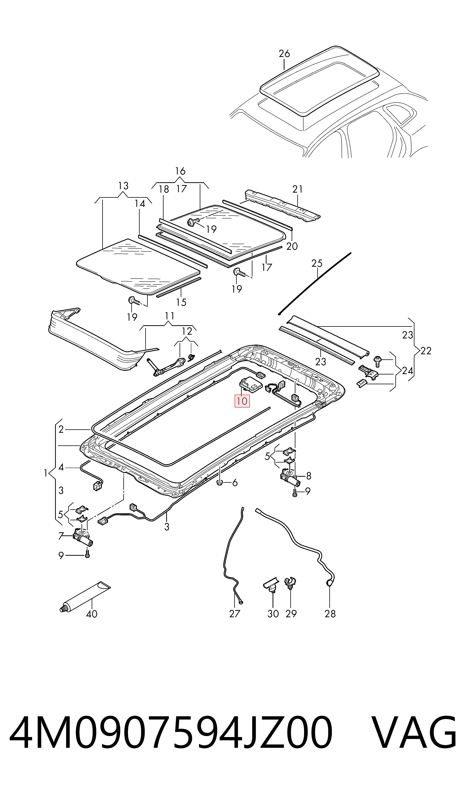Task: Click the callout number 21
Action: coord(297,189)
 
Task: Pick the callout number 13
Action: coord(123,186)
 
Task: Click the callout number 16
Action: coord(180,171)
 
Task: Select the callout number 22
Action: coord(426,351)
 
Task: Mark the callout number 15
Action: coord(181,302)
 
